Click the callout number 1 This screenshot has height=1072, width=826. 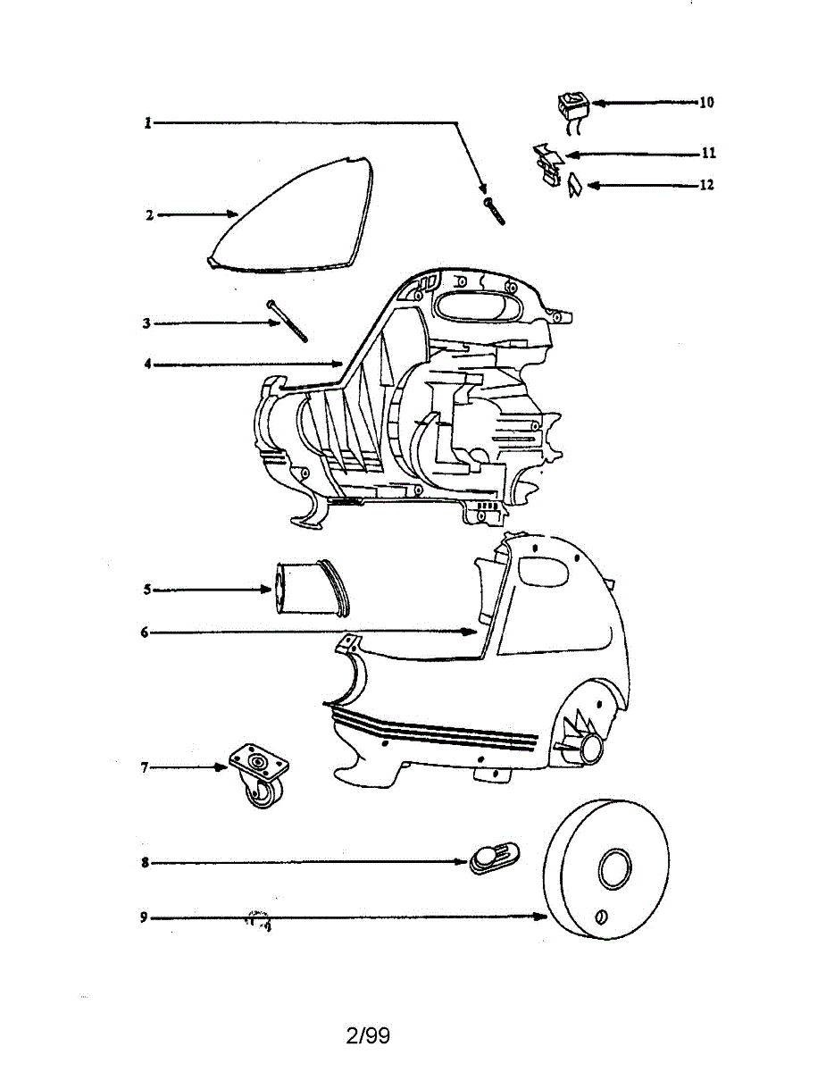(x=149, y=123)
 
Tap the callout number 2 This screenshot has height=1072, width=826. (x=149, y=215)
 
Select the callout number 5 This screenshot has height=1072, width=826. (x=146, y=590)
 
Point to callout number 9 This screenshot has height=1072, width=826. (x=144, y=917)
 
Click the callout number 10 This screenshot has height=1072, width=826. (x=705, y=103)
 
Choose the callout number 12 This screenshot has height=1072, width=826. (x=706, y=186)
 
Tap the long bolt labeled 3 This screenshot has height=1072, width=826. (x=288, y=319)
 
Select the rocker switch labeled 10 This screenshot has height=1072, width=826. (x=570, y=106)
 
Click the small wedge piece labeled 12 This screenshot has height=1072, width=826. (x=574, y=186)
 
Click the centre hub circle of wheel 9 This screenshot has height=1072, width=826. (x=614, y=867)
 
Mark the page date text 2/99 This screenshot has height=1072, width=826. (x=367, y=1036)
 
